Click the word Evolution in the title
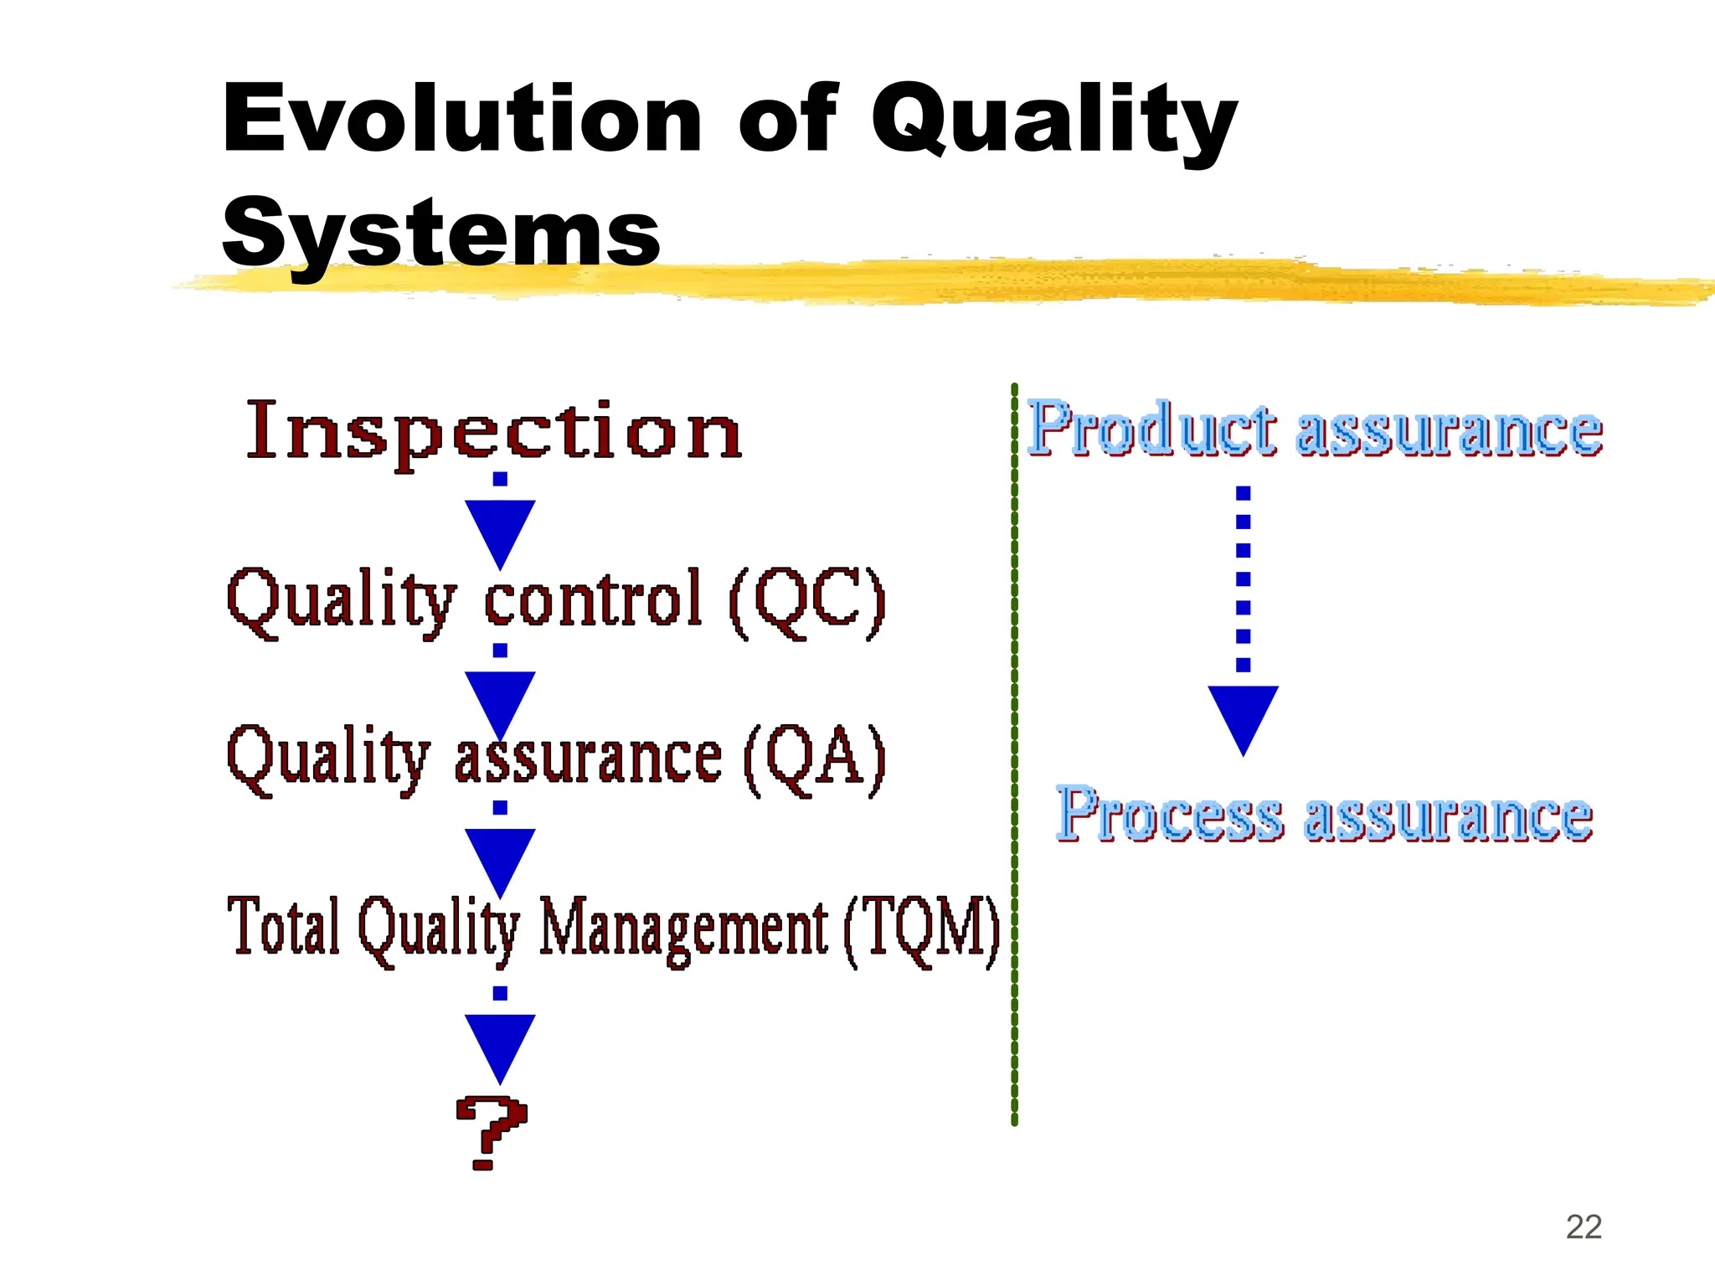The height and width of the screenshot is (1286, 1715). (461, 119)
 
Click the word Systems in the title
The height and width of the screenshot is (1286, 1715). (441, 233)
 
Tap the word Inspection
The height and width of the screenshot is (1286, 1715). (494, 430)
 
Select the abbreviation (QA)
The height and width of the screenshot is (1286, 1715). (814, 757)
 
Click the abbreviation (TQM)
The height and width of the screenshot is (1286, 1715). (921, 928)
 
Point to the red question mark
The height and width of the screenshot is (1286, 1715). (492, 1131)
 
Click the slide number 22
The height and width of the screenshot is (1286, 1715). (1584, 1227)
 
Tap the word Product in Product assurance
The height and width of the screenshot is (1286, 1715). (1151, 429)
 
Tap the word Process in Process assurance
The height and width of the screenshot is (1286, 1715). (1169, 814)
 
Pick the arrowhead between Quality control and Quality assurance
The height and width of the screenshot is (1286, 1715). (500, 699)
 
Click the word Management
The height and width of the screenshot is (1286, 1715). (682, 928)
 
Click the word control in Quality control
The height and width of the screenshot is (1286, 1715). (593, 599)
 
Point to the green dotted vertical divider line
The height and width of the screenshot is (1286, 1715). (1014, 754)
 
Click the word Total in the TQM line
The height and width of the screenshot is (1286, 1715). (284, 926)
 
